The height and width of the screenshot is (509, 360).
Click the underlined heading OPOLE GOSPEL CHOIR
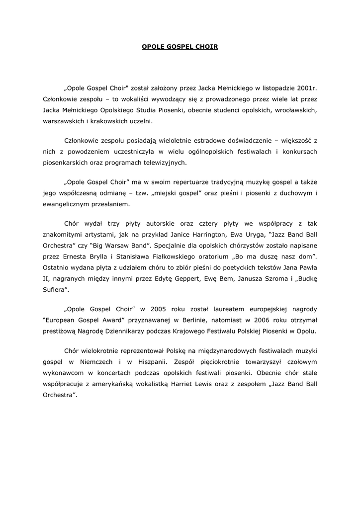tap(180, 47)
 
